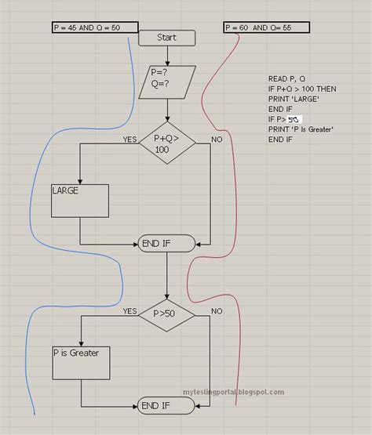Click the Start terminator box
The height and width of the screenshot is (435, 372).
click(x=166, y=38)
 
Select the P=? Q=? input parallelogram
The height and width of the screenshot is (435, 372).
click(x=166, y=81)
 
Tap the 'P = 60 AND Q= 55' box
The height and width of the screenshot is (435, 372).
click(x=266, y=27)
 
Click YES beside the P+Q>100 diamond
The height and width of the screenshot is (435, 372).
click(x=129, y=140)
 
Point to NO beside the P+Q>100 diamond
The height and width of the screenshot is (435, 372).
click(x=216, y=140)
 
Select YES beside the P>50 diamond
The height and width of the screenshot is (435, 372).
click(x=129, y=311)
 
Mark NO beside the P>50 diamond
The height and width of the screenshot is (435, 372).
click(x=216, y=311)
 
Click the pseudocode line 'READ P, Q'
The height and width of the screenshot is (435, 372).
click(x=286, y=79)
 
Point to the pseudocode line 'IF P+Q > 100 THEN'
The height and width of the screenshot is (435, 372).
click(x=301, y=89)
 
